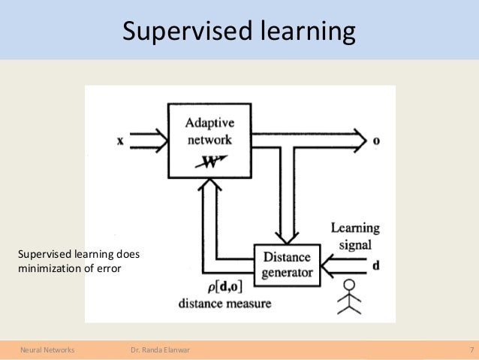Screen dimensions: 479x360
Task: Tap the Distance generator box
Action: [286, 265]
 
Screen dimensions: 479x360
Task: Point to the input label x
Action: [120, 141]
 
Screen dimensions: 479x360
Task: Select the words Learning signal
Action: [355, 236]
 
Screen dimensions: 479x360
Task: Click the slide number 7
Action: [471, 350]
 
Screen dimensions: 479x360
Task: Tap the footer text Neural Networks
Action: [41, 350]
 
